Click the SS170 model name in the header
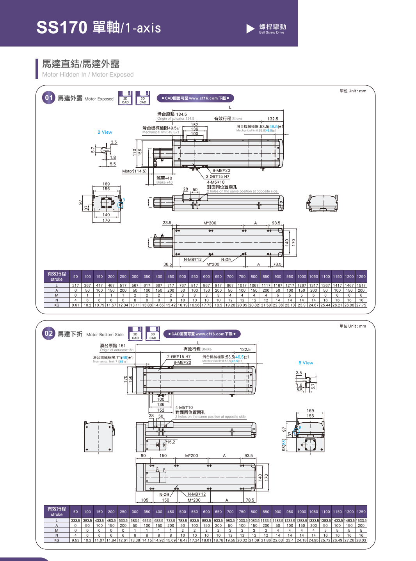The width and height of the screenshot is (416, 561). coord(62,27)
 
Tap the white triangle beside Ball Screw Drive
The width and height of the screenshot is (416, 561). coord(250,29)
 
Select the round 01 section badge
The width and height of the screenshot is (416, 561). coord(48,98)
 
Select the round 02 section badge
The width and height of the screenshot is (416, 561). coord(48,333)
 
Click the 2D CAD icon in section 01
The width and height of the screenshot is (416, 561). coord(125,98)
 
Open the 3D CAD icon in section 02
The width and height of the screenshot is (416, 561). coord(153,334)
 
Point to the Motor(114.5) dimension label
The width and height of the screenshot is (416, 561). coord(134,171)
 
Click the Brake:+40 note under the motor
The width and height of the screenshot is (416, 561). coord(164,183)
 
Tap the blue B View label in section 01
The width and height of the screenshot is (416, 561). coord(105,132)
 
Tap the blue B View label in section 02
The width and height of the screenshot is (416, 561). coord(306,363)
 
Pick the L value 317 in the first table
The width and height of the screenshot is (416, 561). coord(75,285)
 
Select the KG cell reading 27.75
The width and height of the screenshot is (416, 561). coord(361,305)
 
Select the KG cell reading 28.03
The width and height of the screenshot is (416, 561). coord(361,540)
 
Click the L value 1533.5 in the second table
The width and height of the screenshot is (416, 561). coord(361,521)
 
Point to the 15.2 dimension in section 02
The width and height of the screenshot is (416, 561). coord(171,442)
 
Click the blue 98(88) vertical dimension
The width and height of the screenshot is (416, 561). coord(284,445)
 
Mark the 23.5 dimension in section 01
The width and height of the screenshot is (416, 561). coord(167,223)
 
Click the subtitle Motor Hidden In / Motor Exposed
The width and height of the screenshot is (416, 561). coord(88,75)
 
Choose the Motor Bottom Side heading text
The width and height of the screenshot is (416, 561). coord(105,335)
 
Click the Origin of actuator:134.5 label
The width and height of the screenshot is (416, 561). coord(176,118)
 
